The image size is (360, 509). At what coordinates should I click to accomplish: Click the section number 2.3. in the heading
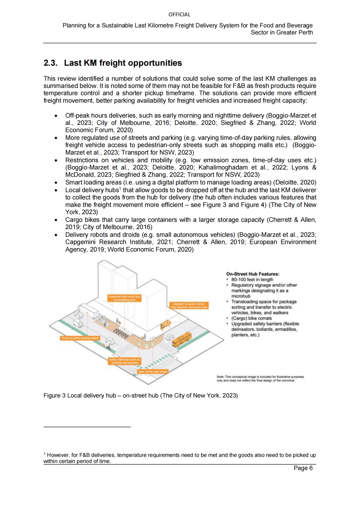click(50, 63)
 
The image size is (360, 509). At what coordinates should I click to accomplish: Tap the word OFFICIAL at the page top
click(179, 15)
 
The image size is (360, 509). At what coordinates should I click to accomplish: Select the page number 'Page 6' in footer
click(303, 468)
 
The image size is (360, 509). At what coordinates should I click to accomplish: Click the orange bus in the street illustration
click(182, 339)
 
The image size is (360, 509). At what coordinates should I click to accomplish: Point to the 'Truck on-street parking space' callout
click(80, 338)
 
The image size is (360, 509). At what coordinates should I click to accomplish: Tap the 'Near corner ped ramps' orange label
click(153, 371)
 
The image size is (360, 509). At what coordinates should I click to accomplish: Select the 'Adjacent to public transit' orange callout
click(189, 305)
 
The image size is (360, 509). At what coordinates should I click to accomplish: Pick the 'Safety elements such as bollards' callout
click(125, 361)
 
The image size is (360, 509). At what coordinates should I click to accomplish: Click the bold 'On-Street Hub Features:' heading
click(253, 274)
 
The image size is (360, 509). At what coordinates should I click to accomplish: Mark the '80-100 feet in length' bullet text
click(252, 280)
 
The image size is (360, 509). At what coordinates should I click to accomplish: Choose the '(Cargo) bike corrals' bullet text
click(251, 318)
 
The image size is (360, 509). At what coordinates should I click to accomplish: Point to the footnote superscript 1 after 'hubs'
click(120, 189)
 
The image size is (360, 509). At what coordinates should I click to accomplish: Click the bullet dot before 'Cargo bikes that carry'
click(56, 220)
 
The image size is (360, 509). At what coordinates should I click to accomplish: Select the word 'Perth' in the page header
click(306, 33)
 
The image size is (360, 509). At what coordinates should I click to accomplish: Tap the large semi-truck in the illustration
click(89, 310)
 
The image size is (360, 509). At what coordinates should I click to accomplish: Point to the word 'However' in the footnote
click(58, 455)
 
